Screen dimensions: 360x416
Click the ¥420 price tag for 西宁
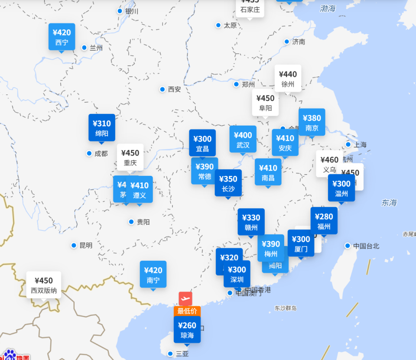[x=62, y=37]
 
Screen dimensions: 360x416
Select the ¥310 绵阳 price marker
[x=102, y=128]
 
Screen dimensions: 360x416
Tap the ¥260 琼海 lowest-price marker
[x=187, y=330]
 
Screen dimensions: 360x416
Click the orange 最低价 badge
[x=187, y=311]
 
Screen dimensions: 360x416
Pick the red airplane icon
[x=185, y=298]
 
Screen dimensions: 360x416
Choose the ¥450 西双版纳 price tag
[x=44, y=285]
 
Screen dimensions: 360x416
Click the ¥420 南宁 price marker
[x=153, y=275]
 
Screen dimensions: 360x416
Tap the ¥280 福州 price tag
[x=324, y=221]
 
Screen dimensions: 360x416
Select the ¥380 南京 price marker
[x=312, y=122]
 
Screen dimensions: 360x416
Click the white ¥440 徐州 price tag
[x=288, y=78]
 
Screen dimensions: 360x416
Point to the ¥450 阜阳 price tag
[x=265, y=103]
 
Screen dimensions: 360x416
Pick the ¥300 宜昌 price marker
[x=202, y=143]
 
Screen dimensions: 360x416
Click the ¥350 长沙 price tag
[x=228, y=183]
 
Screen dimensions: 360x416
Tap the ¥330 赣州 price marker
[x=251, y=222]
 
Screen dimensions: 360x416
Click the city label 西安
[x=175, y=89]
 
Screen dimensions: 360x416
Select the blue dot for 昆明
[x=74, y=245]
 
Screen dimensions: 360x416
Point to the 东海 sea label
[x=389, y=202]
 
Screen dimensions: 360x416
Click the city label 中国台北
[x=366, y=246]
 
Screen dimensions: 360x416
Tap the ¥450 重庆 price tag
[x=130, y=157]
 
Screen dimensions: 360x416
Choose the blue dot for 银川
[x=120, y=11]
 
